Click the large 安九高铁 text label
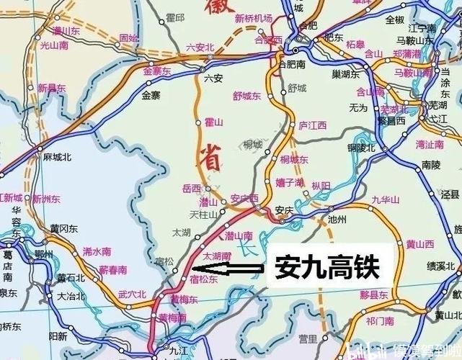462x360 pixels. [x=326, y=269]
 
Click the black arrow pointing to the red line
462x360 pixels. [x=236, y=270]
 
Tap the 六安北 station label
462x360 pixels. [x=200, y=48]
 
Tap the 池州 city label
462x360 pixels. [x=337, y=218]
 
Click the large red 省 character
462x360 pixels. [x=211, y=159]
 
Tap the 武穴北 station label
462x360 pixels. [x=132, y=294]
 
